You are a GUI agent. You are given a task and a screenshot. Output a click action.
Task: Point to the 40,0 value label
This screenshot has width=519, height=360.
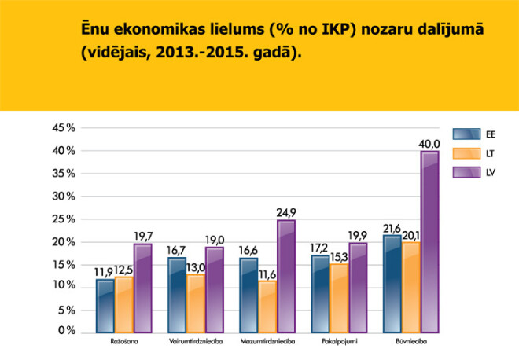[429, 142]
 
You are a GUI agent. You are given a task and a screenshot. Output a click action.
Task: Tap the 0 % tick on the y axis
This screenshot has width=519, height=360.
[66, 332]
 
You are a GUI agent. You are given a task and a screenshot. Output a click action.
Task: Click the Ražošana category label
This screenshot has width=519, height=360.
[123, 343]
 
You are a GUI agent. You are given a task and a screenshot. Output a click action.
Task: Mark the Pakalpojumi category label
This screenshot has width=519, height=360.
[338, 343]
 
